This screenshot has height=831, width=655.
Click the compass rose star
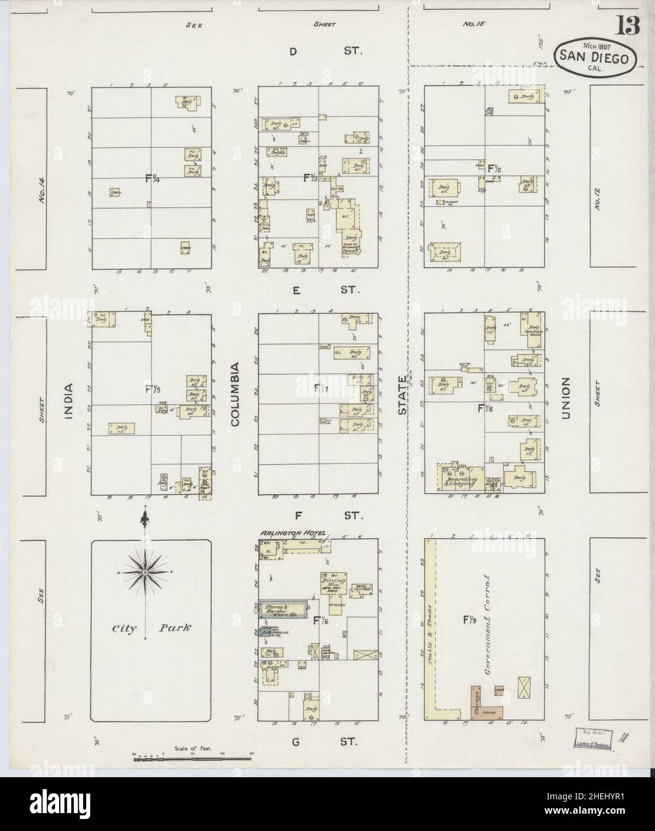click(x=145, y=573)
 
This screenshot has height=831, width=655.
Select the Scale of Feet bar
click(x=191, y=758)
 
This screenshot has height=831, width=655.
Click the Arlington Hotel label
click(x=292, y=533)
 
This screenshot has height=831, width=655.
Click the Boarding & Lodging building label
click(x=458, y=479)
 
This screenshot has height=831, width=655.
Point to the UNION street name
click(x=565, y=398)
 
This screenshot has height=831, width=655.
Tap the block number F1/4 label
click(x=153, y=178)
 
